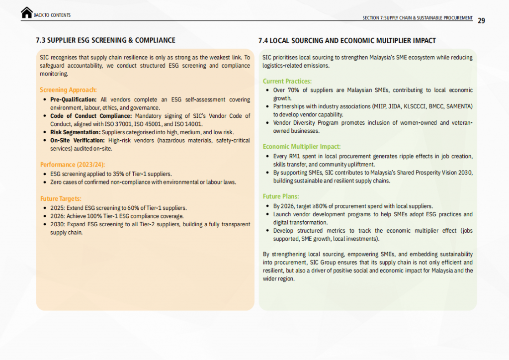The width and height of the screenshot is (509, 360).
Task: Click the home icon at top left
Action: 27,13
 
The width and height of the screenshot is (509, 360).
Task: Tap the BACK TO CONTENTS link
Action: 52,15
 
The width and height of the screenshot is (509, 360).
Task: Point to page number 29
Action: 481,20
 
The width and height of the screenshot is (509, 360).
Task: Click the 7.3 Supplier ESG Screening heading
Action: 106,40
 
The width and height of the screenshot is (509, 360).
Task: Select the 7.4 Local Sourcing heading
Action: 347,40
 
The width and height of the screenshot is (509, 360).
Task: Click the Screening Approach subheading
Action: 68,90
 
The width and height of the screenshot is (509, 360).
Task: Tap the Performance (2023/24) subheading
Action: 73,164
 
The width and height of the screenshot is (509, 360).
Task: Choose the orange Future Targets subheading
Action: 61,198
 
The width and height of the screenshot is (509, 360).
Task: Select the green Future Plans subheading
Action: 281,196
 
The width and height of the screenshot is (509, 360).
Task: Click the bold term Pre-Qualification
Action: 74,100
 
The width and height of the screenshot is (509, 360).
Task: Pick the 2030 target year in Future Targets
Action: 56,224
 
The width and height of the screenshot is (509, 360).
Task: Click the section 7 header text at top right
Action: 418,18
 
